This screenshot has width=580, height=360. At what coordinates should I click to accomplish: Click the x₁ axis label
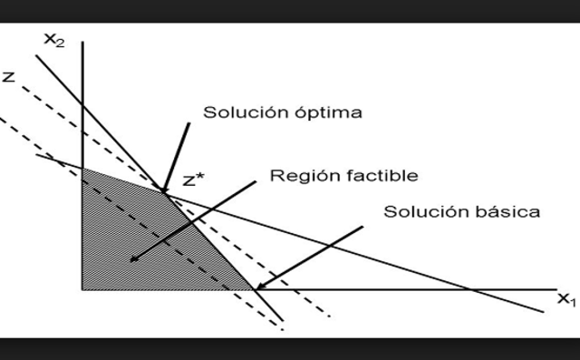[x=565, y=299]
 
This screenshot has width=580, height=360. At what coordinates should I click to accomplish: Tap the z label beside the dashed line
[x=9, y=77]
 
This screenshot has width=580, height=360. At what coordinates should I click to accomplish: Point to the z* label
[x=194, y=180]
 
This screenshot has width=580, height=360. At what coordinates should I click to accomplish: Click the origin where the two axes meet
[x=82, y=290]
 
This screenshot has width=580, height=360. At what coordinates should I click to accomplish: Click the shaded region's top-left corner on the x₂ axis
[x=82, y=169]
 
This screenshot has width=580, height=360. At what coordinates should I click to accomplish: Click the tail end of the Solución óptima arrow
[x=190, y=122]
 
